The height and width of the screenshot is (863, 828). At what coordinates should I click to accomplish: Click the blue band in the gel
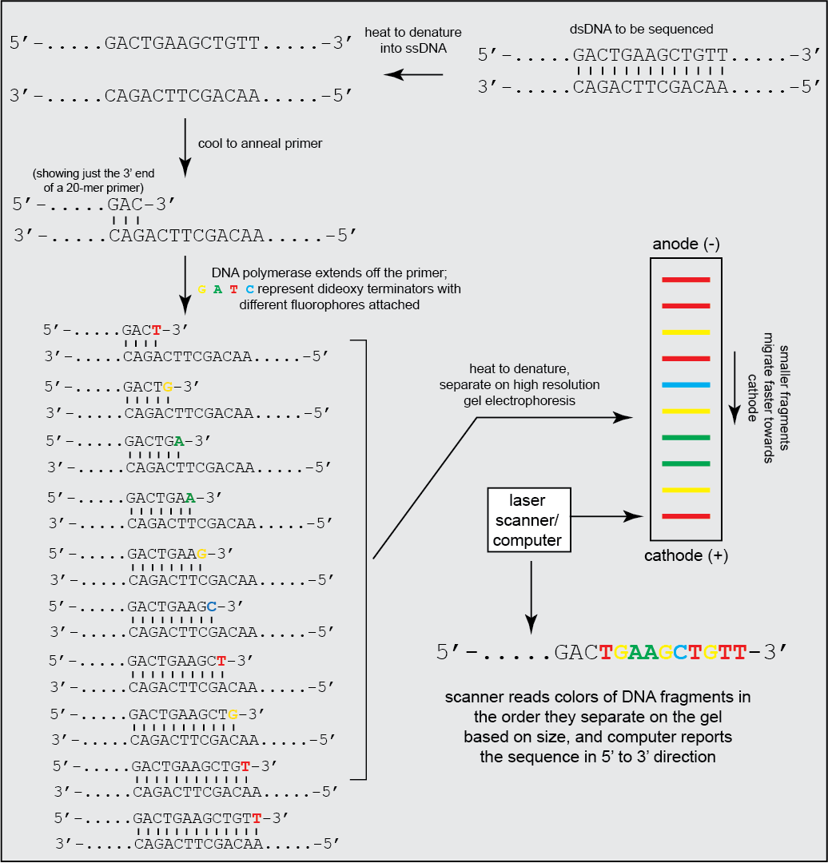[686, 384]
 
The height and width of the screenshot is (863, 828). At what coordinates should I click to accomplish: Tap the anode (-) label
[686, 244]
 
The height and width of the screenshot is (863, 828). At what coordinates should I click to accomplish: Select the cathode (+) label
[686, 555]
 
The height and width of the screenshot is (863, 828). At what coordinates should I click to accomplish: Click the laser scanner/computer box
[529, 519]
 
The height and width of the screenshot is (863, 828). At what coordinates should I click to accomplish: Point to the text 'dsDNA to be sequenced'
[641, 30]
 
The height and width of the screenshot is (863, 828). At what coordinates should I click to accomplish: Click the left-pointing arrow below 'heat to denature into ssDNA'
[413, 74]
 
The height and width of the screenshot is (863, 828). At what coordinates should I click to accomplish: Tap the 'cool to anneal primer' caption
[260, 144]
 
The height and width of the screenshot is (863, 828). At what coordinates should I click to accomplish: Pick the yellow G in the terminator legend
[202, 289]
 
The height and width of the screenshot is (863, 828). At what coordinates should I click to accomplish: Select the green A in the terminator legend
[218, 289]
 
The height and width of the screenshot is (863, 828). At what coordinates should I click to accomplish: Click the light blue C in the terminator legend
[250, 289]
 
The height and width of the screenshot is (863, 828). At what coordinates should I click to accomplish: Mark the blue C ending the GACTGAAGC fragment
[212, 606]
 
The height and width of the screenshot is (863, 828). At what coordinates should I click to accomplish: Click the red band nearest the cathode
[686, 516]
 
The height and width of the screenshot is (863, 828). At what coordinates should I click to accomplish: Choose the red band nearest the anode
[686, 280]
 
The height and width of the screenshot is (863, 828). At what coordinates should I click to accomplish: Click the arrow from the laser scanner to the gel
[607, 516]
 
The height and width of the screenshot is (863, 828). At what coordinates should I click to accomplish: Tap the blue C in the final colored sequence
[680, 652]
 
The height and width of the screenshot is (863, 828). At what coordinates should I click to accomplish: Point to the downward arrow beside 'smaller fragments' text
[735, 388]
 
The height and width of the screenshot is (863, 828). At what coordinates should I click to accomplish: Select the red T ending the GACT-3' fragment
[157, 330]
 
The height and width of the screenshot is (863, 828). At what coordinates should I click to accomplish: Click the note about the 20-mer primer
[94, 181]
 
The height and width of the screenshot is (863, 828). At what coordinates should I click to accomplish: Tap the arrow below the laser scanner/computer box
[531, 598]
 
